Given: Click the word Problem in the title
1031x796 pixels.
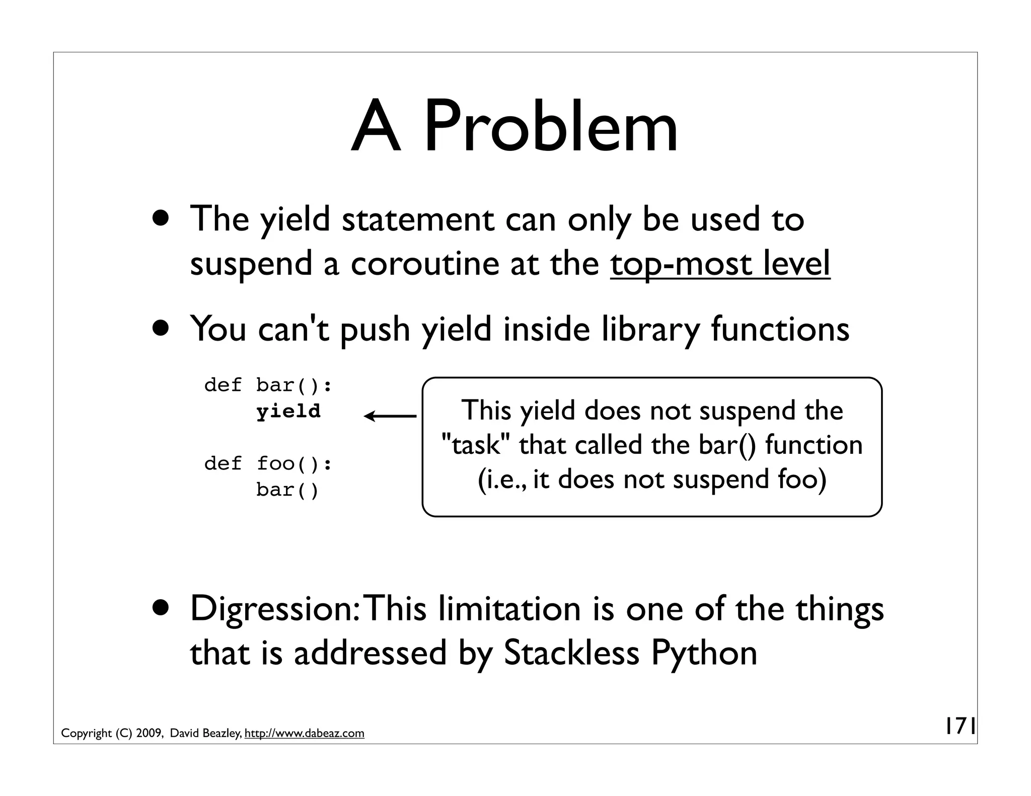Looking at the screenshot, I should click(x=551, y=126).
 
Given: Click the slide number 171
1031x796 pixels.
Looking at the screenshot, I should click(x=960, y=727).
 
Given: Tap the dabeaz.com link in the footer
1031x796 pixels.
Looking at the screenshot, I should click(x=304, y=733).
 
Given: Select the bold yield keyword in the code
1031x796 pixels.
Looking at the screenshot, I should click(x=288, y=412).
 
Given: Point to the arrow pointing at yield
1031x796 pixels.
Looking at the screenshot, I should click(x=390, y=416).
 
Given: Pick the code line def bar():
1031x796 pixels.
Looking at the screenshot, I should click(x=268, y=385).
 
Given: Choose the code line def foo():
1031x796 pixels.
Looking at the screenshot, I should click(x=268, y=463).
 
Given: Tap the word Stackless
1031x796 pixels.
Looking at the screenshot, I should click(x=571, y=653).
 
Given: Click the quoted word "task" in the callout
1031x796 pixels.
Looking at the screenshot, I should click(x=472, y=445).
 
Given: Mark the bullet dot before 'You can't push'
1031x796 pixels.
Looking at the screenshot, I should click(x=162, y=329).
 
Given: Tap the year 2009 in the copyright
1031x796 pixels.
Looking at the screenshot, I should click(x=149, y=733).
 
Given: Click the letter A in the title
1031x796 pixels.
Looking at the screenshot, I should click(x=376, y=126).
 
